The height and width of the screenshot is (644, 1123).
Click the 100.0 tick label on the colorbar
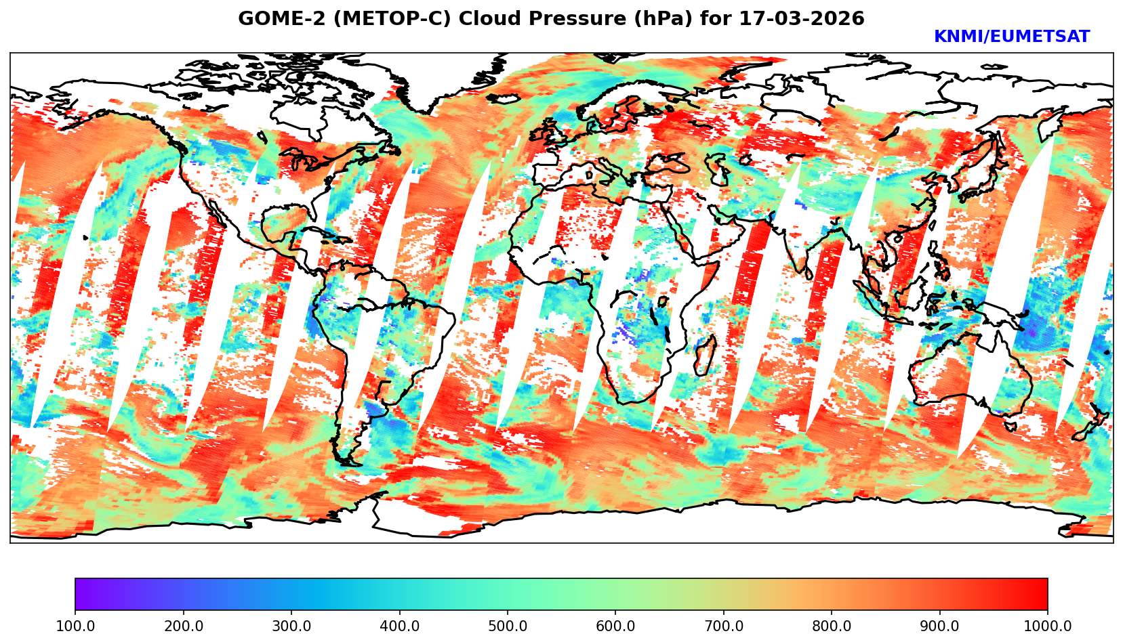75,626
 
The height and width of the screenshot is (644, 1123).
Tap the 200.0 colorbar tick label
183,626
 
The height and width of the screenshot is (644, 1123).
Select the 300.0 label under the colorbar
291,626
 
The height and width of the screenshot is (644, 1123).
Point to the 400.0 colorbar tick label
399,626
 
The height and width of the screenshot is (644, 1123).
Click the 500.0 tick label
508,626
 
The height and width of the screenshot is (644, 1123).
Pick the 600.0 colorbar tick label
615,626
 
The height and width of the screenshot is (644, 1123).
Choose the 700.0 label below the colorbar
724,626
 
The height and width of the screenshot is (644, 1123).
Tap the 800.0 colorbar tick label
832,626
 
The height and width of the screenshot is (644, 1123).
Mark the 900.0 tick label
940,626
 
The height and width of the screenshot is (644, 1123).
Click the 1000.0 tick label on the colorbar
1048,626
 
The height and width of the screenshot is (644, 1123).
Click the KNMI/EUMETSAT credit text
1011,37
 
